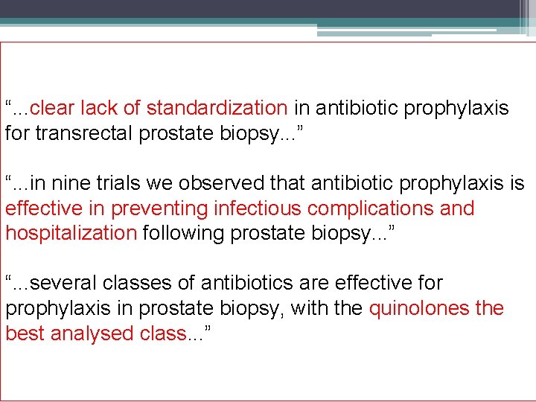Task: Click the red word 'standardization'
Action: pyautogui.click(x=217, y=109)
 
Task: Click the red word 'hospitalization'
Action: pyautogui.click(x=71, y=233)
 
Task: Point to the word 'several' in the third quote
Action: pyautogui.click(x=63, y=283)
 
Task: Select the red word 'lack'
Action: pyautogui.click(x=99, y=109)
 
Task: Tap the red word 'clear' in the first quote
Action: pyautogui.click(x=52, y=109)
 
